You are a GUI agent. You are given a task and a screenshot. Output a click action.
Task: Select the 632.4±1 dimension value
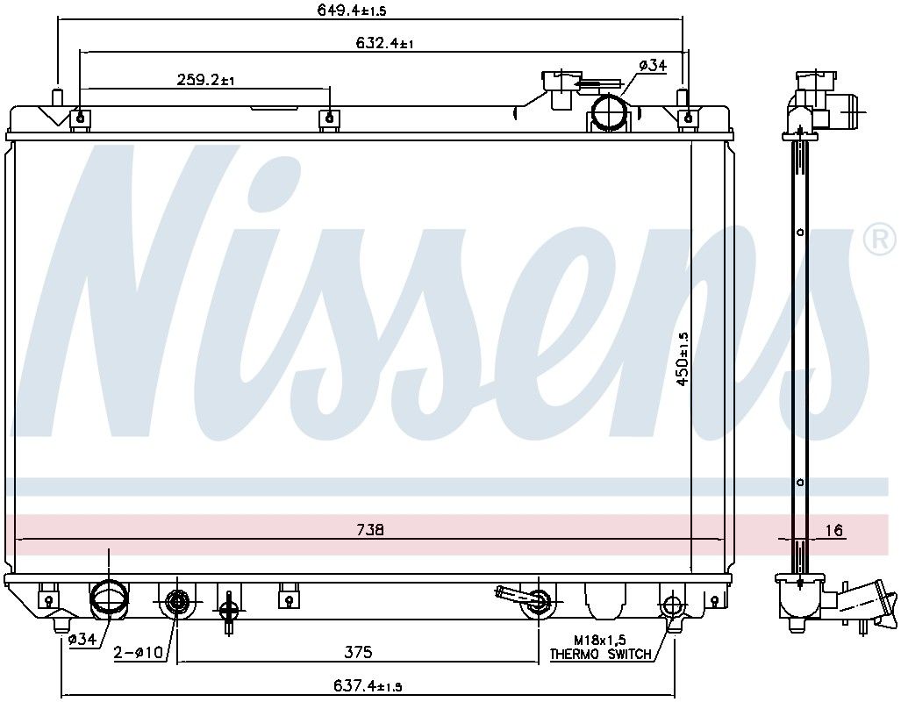(384, 42)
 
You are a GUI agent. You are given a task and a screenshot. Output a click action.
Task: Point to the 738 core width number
(370, 529)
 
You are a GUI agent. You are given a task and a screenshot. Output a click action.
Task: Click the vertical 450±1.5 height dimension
(683, 358)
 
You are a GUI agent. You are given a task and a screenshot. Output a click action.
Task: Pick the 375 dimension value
(358, 651)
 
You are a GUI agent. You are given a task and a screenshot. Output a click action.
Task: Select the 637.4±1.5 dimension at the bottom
(368, 685)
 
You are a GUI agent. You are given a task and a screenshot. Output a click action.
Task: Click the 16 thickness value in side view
(837, 529)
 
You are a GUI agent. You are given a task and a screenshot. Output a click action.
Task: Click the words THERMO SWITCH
(600, 654)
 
